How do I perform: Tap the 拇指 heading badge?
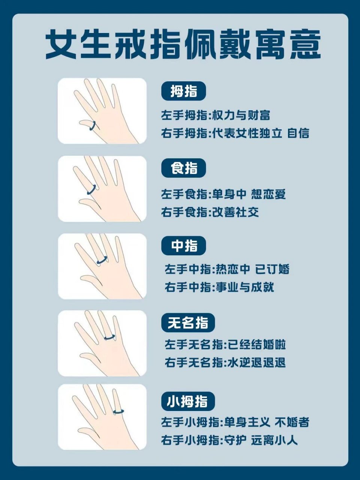tap(184, 91)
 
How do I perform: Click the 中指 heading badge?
tap(184, 246)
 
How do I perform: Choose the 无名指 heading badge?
tap(188, 322)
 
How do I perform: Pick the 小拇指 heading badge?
tap(188, 402)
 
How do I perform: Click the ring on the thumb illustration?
tap(93, 126)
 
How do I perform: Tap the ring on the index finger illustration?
tap(91, 189)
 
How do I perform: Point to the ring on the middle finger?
tap(102, 260)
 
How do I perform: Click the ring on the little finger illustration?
tap(118, 411)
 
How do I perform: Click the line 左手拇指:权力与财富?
tap(216, 115)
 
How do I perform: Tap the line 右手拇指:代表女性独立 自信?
tap(235, 133)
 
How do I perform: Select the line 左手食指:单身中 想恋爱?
tap(223, 194)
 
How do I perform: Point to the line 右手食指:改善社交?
tap(210, 213)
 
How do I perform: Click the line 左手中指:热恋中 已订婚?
tap(227, 269)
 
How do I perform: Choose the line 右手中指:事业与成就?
tap(219, 287)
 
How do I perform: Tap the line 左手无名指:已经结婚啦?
tap(225, 345)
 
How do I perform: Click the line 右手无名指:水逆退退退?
tap(225, 363)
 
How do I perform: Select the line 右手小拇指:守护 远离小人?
tap(229, 440)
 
